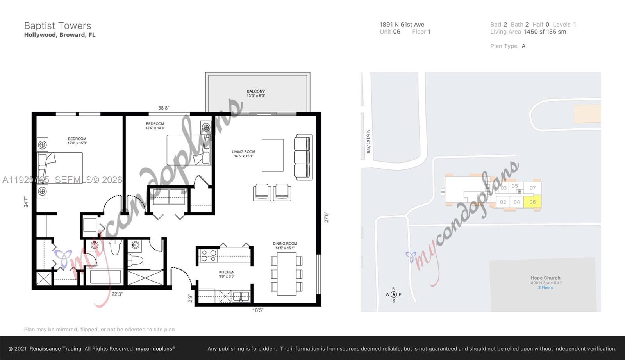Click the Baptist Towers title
(57, 26)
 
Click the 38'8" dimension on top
(164, 108)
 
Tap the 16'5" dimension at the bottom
(258, 310)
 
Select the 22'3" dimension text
(117, 294)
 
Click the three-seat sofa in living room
(304, 157)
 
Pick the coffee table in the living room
(272, 155)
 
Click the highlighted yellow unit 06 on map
(532, 202)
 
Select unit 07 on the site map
(532, 188)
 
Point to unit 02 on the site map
(503, 202)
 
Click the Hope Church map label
(545, 278)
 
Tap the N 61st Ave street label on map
(368, 141)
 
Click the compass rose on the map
(394, 294)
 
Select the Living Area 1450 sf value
(545, 32)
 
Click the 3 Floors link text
(545, 287)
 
